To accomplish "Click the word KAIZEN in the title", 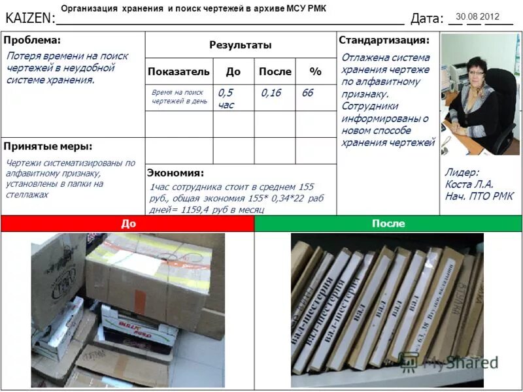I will pyautogui.click(x=27, y=19).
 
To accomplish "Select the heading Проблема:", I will pyautogui.click(x=32, y=41).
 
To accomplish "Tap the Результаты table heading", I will pyautogui.click(x=240, y=45).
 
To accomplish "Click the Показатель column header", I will pyautogui.click(x=178, y=71).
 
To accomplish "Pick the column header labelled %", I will pyautogui.click(x=315, y=71).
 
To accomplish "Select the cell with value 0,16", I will pyautogui.click(x=271, y=93).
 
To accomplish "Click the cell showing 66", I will pyautogui.click(x=307, y=93).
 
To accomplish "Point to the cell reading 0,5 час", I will pyautogui.click(x=226, y=99).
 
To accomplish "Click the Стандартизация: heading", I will pyautogui.click(x=384, y=41).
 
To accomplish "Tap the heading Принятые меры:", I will pyautogui.click(x=48, y=146).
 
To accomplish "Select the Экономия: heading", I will pyautogui.click(x=175, y=173).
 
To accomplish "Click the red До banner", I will pyautogui.click(x=128, y=223).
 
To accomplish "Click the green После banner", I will pyautogui.click(x=388, y=223).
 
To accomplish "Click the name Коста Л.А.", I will pyautogui.click(x=469, y=184).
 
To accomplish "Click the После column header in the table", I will pyautogui.click(x=275, y=71).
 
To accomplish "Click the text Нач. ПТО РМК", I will pyautogui.click(x=479, y=196).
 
